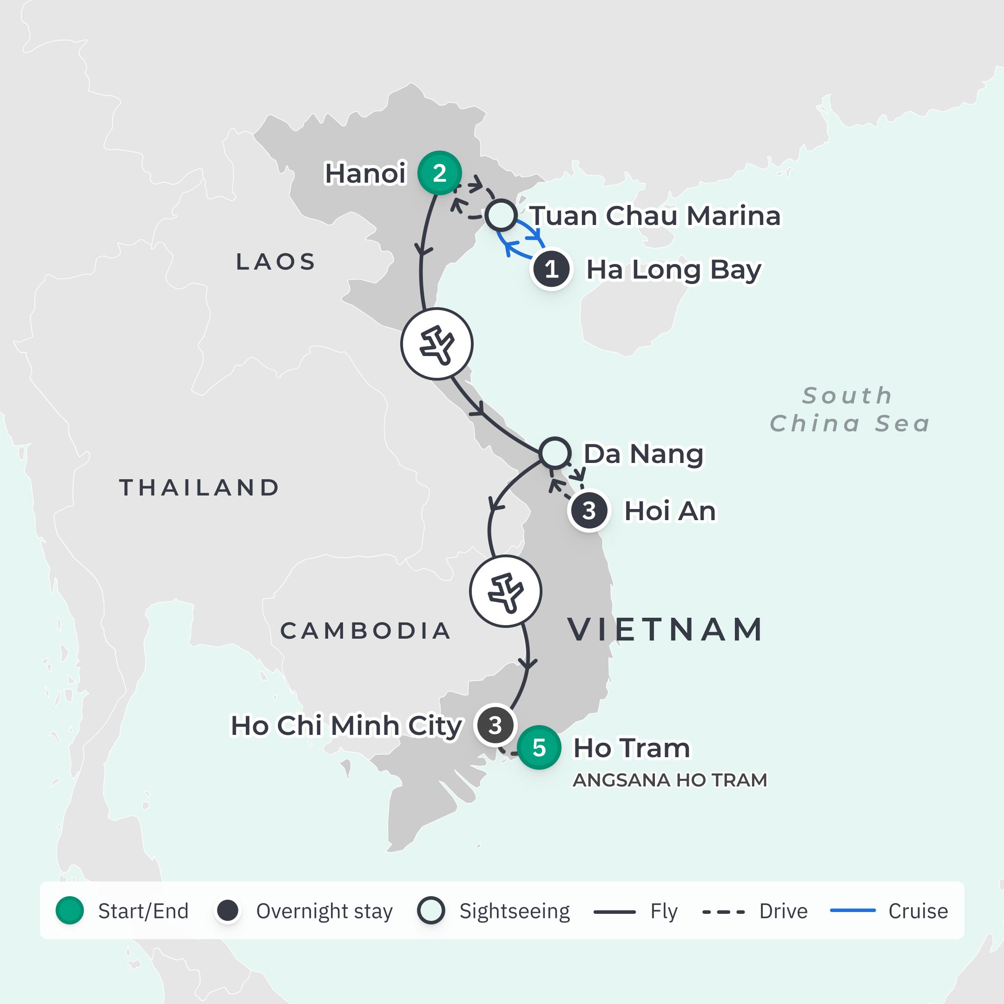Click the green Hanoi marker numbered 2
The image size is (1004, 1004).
coord(440,173)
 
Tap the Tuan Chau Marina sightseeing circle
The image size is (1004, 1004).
coord(501,215)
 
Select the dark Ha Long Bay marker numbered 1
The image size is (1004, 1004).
coord(551,269)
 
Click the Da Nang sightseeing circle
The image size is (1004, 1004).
coord(555,453)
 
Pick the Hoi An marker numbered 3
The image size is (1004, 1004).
coord(589,511)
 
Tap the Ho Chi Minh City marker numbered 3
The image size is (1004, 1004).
coord(495,725)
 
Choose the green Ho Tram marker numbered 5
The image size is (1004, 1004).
coord(539,747)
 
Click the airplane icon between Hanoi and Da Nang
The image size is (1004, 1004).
coord(437,344)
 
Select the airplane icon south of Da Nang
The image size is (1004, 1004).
coord(506,591)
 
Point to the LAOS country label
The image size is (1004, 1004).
coord(276,262)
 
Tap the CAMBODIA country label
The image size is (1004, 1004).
coord(366,631)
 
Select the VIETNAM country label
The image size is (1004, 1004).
coord(666,629)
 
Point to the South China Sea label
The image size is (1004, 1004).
coord(849,410)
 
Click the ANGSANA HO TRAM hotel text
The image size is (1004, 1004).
coord(670,780)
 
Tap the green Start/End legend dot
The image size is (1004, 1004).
coord(70,911)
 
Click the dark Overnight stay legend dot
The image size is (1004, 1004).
coord(228,911)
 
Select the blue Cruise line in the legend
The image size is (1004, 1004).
coord(853,911)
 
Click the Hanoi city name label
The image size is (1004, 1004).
coord(365,173)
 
